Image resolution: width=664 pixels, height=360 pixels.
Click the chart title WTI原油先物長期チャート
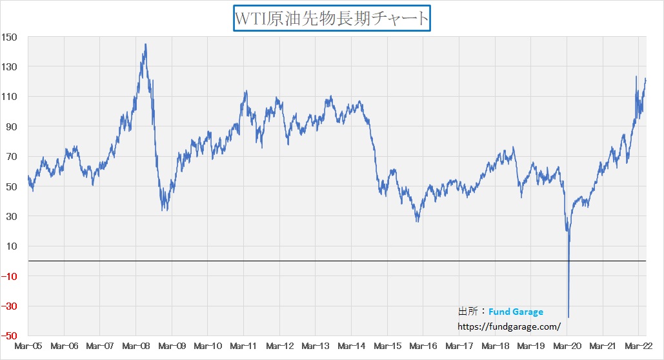(x=332, y=18)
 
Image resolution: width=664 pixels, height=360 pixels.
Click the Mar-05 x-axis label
(x=28, y=346)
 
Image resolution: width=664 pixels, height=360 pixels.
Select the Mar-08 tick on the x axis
(x=136, y=346)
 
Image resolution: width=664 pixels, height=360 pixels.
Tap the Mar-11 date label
(x=243, y=346)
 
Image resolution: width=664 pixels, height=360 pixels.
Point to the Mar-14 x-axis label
(x=351, y=346)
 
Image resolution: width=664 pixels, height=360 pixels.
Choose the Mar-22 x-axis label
(x=638, y=346)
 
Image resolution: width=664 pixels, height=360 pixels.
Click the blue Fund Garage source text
(x=516, y=312)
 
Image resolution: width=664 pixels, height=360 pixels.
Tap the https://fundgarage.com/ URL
(x=508, y=327)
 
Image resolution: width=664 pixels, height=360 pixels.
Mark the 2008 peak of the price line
(x=145, y=45)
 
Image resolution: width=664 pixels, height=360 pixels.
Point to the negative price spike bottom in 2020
(x=568, y=317)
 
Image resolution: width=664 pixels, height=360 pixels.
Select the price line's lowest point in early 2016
(x=418, y=221)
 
